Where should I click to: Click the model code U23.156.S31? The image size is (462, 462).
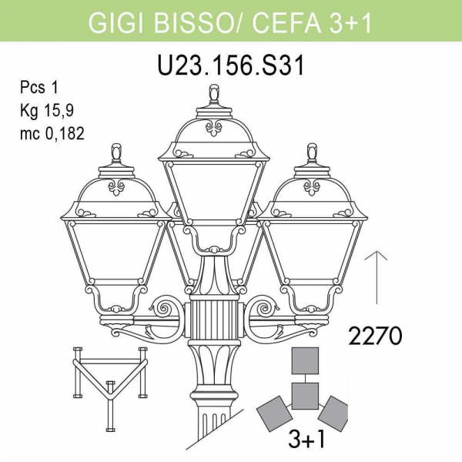pos(231,65)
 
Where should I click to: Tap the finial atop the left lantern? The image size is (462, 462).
pos(117,155)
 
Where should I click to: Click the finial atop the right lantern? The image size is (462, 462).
pos(313,155)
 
